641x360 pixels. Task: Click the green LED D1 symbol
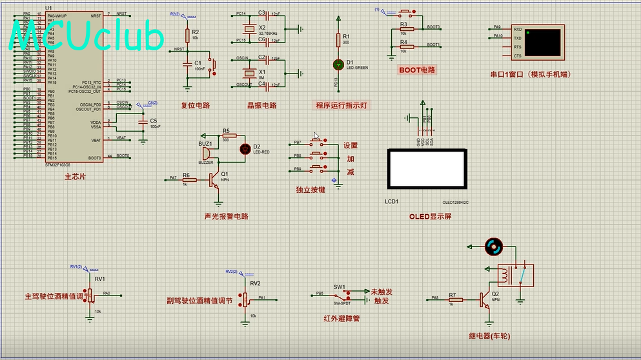[338, 65]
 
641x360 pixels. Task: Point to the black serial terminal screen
[542, 42]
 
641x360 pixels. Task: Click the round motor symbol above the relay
[493, 246]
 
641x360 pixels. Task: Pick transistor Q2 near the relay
[486, 299]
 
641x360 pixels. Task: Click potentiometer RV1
[90, 294]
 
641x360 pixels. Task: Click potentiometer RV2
[245, 299]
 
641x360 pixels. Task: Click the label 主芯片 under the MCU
[74, 176]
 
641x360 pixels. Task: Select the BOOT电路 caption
[417, 70]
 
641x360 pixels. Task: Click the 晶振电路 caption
[261, 105]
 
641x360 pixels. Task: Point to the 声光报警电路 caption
[226, 216]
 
